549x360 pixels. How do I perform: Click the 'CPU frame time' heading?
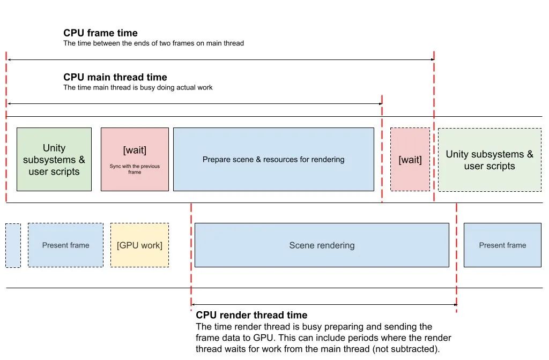coord(100,33)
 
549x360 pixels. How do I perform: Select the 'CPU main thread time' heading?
coord(115,77)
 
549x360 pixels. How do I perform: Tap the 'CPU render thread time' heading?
coord(251,315)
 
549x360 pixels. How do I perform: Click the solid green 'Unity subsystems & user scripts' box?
coord(54,159)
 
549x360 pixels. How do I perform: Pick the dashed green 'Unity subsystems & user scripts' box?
coord(489,160)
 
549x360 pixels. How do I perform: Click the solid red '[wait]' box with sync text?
coord(135,159)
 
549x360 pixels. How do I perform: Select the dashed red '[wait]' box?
coord(410,160)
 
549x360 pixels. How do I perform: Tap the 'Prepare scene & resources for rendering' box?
coord(273,159)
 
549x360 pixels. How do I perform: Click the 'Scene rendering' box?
coord(322,245)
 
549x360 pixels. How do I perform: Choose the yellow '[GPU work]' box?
coord(139,245)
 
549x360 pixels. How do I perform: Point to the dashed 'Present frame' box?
coord(65,245)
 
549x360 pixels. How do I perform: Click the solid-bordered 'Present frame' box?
coord(502,245)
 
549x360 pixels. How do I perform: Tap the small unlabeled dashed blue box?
coord(13,245)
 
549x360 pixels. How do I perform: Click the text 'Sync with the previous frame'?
coord(135,169)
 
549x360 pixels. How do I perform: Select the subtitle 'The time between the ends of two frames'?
coord(153,43)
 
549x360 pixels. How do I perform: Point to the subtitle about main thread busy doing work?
coord(138,87)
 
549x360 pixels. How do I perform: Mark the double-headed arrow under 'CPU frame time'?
coord(220,59)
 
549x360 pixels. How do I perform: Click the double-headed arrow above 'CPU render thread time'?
coord(324,305)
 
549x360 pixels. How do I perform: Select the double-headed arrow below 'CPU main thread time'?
coord(194,103)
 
